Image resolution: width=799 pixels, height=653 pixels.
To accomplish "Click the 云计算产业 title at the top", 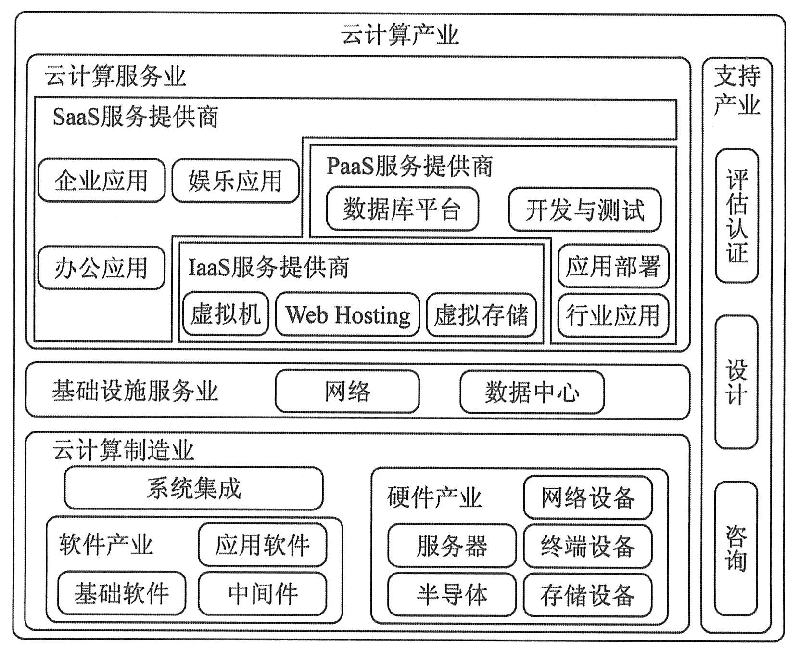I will coord(399,35).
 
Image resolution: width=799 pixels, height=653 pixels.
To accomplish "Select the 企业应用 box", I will coord(101,181).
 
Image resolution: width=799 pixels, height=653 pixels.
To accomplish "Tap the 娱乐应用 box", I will coord(235,181).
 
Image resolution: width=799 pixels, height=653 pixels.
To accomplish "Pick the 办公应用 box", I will coord(101,268).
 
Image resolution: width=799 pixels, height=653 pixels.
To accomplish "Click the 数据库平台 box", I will coord(402,209).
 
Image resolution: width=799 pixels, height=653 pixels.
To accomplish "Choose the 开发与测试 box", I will coord(584,210).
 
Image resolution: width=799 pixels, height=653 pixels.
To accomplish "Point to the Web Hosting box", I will coord(347,314).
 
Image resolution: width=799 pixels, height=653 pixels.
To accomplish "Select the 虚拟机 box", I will coord(225,314).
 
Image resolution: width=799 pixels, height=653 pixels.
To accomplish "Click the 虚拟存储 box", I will coord(481,314).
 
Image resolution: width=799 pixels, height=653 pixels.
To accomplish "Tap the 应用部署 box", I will coord(613,266).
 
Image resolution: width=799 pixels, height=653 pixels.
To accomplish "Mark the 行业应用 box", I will coord(613,315).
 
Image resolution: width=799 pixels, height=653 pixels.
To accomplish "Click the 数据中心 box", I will coord(532,392).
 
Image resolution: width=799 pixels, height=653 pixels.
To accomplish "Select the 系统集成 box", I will coord(193,488).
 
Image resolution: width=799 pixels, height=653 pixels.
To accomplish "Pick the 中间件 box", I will coord(262,593).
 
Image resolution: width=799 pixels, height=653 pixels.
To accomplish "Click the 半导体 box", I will coord(451,594).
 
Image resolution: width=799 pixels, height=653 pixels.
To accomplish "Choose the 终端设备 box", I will coord(587,546).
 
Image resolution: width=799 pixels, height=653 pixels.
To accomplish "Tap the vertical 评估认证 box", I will coord(736,215).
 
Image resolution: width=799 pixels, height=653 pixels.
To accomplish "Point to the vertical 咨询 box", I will coord(736,548).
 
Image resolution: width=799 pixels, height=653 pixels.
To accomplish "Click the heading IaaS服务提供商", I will coord(268,267).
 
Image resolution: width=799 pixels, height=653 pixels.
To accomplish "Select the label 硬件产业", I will coord(434,497).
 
